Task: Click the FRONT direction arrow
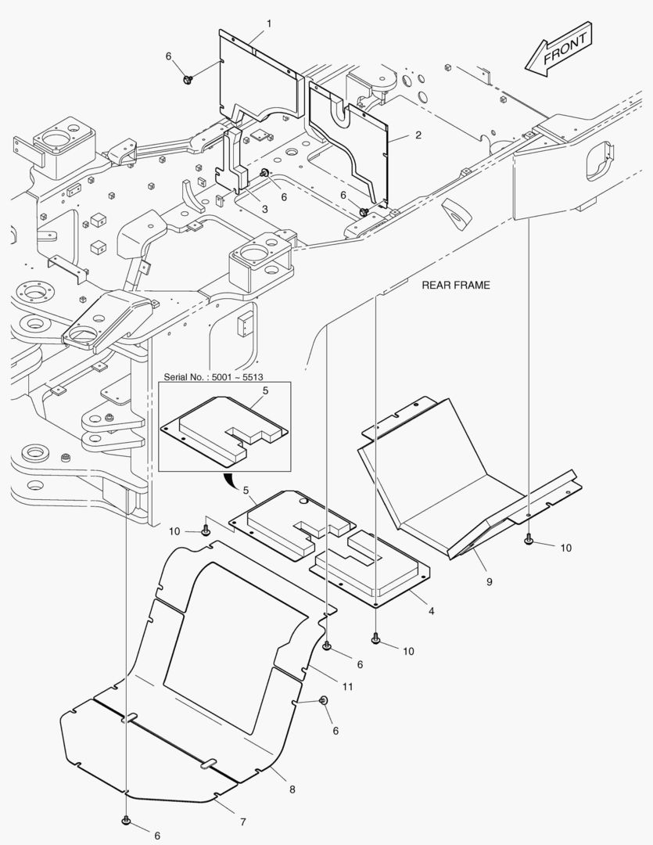[x=558, y=49]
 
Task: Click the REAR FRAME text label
[x=456, y=285]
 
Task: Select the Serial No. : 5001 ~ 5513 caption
[x=213, y=376]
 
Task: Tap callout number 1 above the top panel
[x=269, y=23]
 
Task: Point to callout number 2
[x=418, y=135]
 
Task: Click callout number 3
[x=264, y=209]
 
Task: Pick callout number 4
[x=431, y=611]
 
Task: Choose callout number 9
[x=490, y=582]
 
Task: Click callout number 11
[x=347, y=687]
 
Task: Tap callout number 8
[x=292, y=789]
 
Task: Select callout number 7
[x=243, y=822]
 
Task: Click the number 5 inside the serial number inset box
[x=265, y=390]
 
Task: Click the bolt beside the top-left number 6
[x=188, y=81]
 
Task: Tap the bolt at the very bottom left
[x=126, y=820]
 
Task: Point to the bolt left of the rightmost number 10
[x=529, y=538]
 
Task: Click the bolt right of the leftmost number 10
[x=205, y=532]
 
